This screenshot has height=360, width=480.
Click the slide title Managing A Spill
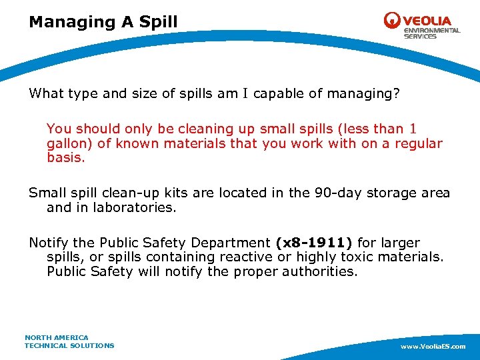tap(103, 22)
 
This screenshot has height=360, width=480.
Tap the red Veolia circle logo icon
tap(392, 21)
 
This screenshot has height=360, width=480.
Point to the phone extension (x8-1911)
tap(313, 243)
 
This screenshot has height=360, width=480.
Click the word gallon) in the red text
tap(69, 143)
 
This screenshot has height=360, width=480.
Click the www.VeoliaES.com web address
tap(433, 347)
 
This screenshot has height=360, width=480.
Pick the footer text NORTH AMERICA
tap(57, 338)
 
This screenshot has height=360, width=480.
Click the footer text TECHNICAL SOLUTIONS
tap(69, 345)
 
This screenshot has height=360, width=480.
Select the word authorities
tap(321, 271)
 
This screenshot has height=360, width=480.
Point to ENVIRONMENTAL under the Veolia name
tap(431, 31)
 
